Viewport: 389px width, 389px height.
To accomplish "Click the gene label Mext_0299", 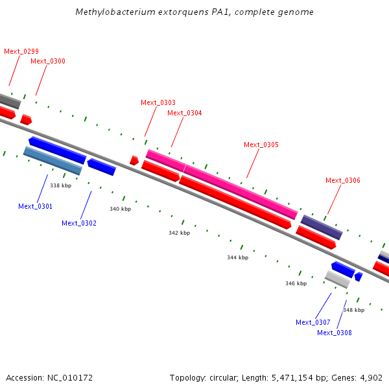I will coord(21,51).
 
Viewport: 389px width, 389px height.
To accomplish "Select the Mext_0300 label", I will coord(47,61).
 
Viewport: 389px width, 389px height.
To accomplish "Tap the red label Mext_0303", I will coord(158,102).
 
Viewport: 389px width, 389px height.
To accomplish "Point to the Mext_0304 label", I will coord(185,113).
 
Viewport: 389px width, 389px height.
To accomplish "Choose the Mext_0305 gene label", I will coord(261,145).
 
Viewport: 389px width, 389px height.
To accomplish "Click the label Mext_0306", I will coord(343,180).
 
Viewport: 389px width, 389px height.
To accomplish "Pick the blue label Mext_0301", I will coord(36,206).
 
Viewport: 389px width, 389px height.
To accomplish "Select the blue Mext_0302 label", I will coord(79,223).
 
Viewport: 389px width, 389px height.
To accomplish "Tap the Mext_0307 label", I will coord(313,322).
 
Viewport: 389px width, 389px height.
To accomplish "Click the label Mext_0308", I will coord(335,333).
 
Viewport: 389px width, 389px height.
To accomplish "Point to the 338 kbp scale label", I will coord(60,185).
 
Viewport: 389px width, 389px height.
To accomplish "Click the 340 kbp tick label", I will coord(120,209).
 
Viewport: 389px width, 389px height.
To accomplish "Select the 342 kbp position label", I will coord(179,233).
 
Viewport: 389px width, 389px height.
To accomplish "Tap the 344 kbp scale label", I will coord(237,257).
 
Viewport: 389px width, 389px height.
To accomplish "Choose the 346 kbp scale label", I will coord(296,283).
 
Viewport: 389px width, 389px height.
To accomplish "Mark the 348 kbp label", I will coord(353,310).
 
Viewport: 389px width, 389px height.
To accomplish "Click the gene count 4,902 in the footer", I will coord(371,377).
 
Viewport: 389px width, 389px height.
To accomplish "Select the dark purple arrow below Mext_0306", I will coord(322,227).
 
